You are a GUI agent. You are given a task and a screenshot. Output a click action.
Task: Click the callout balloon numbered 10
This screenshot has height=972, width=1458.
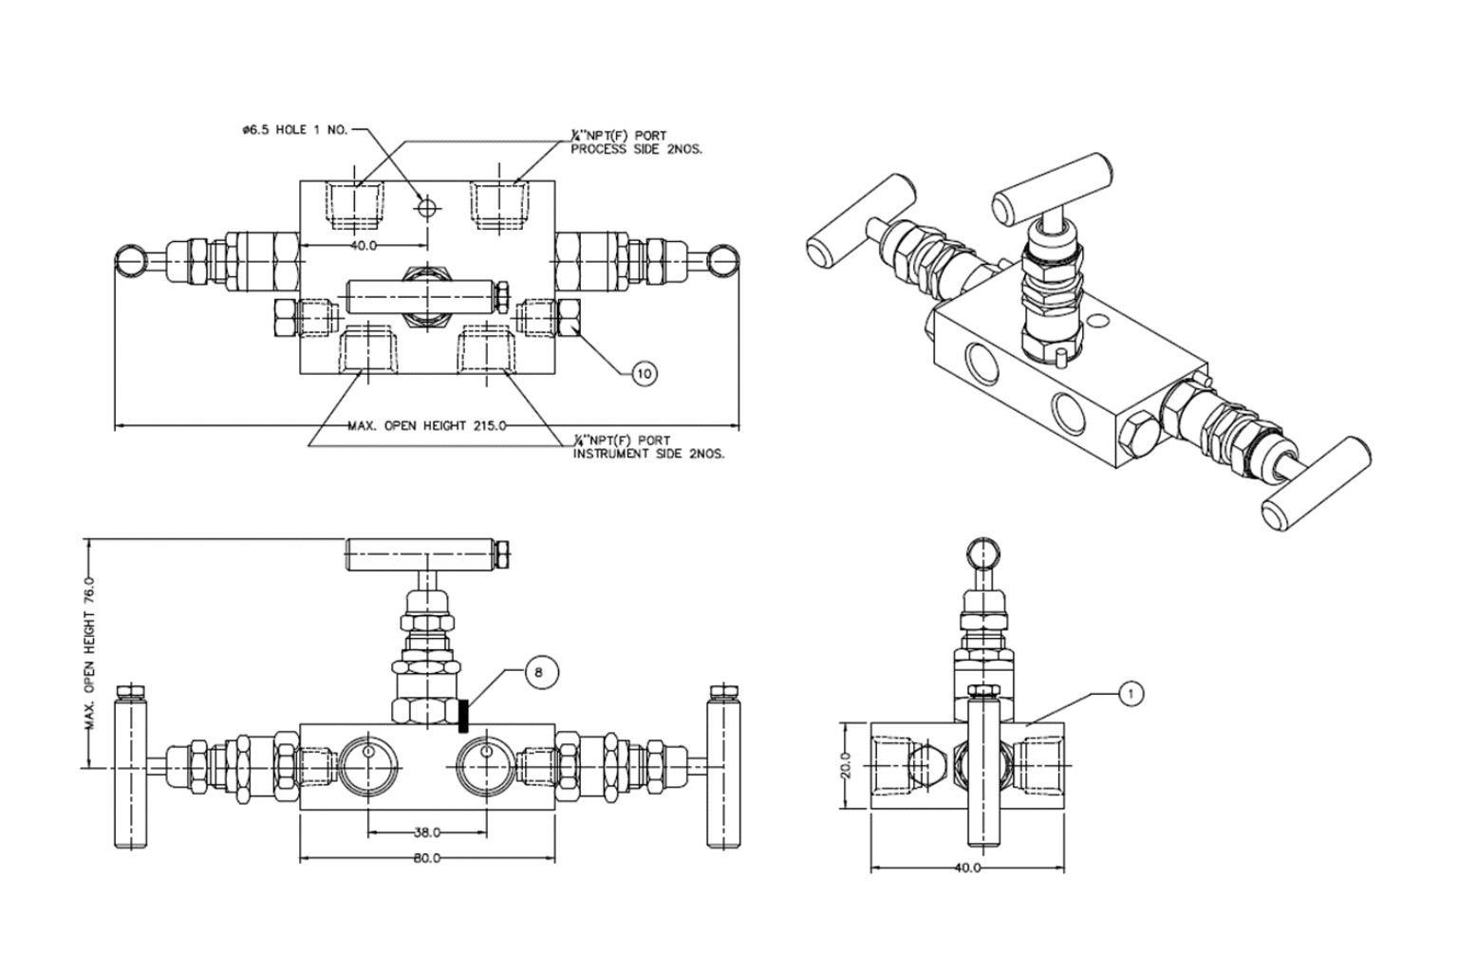[x=644, y=373]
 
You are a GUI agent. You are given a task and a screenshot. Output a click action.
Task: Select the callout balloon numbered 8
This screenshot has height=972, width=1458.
[x=539, y=672]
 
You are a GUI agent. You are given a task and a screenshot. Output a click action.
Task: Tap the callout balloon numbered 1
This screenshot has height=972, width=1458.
[x=1130, y=694]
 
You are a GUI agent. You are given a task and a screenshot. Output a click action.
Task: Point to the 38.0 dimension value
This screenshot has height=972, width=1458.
[x=427, y=832]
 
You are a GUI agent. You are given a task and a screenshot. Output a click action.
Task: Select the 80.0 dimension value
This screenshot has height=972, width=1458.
[x=427, y=858]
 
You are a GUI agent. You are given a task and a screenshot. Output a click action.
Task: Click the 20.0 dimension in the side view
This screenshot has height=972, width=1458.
[x=846, y=764]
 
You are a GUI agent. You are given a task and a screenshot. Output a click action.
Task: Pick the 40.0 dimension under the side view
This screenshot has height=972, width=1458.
[x=965, y=868]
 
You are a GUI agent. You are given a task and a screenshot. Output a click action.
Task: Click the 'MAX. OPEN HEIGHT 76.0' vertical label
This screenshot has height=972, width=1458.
[x=91, y=652]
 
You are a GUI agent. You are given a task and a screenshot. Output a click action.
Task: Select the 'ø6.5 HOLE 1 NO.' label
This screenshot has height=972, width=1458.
[x=295, y=130]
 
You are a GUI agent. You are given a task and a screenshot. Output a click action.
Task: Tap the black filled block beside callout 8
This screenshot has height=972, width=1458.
[x=464, y=715]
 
